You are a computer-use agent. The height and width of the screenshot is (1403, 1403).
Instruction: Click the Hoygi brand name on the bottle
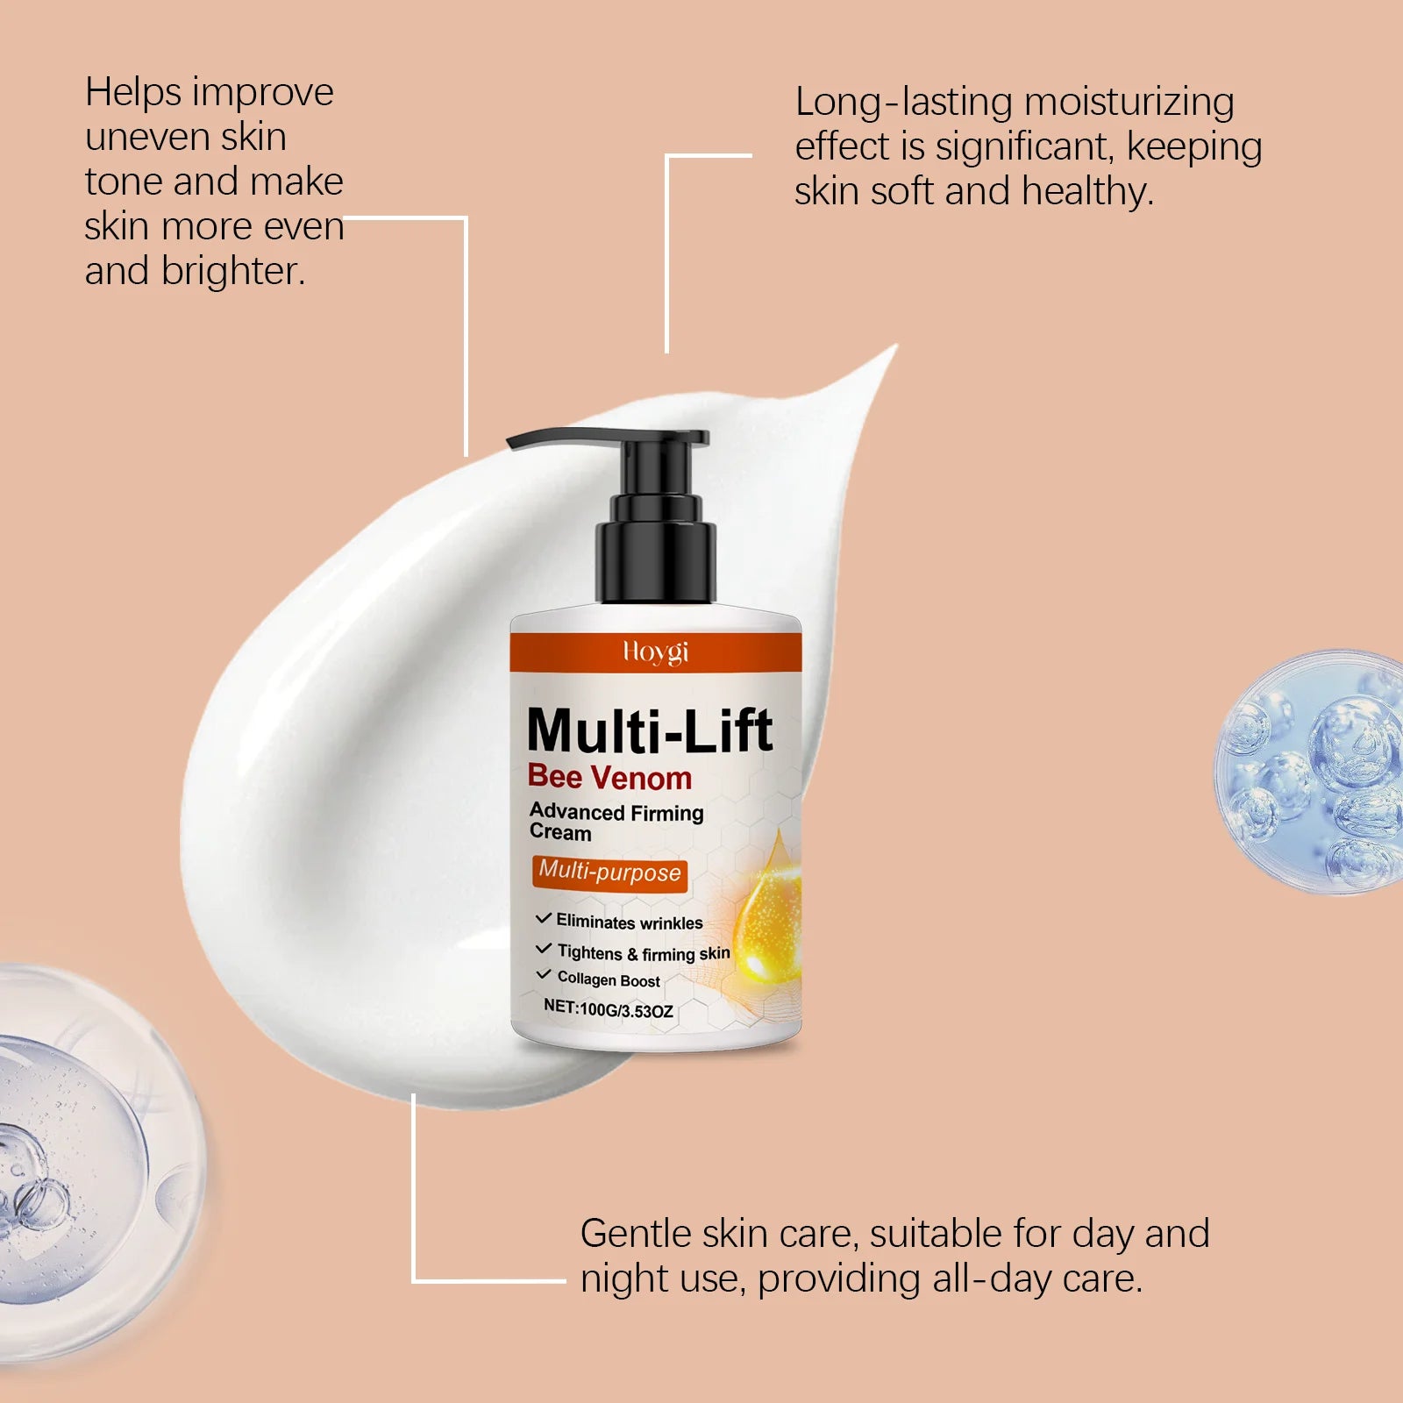[655, 652]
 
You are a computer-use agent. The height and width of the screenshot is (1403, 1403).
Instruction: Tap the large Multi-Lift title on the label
[650, 730]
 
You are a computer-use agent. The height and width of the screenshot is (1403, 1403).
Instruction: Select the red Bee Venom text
[609, 778]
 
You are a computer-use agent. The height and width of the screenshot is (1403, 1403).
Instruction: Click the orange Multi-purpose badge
[609, 872]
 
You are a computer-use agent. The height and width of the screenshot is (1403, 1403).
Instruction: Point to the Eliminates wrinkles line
[629, 922]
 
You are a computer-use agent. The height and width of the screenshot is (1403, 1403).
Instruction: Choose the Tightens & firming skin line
[643, 953]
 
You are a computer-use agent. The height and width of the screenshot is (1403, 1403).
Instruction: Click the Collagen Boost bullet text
[609, 979]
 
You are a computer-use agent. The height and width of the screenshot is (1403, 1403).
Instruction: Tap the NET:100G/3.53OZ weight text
[608, 1009]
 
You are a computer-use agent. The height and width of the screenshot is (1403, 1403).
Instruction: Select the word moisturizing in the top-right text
[1129, 103]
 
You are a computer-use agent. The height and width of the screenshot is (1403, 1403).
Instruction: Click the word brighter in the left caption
[232, 272]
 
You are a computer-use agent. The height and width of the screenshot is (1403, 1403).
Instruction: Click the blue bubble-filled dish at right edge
[1315, 772]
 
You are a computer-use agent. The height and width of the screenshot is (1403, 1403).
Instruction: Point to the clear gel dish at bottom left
[79, 1166]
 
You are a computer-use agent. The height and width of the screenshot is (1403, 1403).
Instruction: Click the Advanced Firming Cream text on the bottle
[616, 823]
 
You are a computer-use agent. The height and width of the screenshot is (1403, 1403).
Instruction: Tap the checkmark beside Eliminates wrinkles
[543, 919]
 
